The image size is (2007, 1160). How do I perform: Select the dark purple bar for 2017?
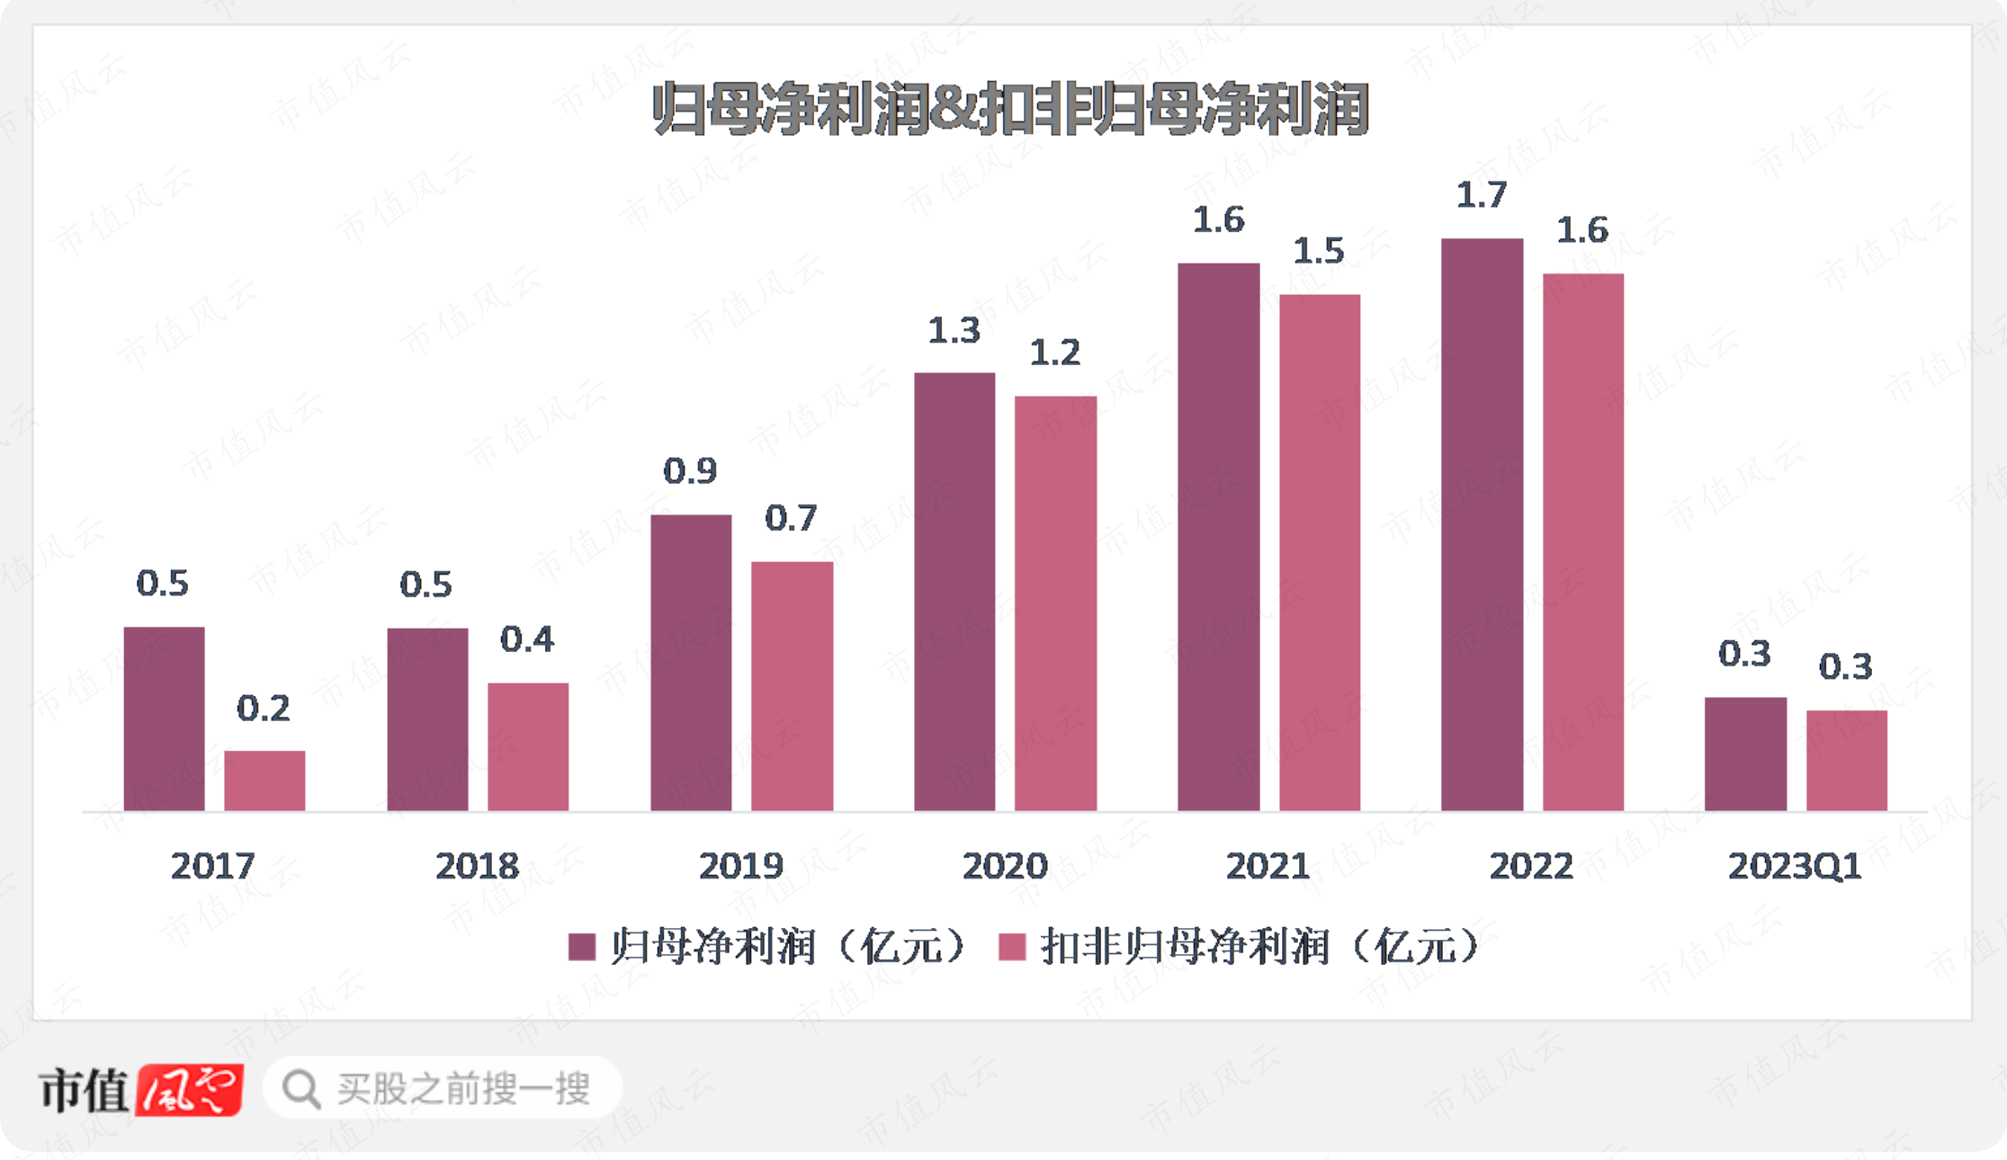point(164,718)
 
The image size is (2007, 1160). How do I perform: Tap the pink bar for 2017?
point(264,781)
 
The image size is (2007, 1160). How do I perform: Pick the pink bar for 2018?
point(528,746)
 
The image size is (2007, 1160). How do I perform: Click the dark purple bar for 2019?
point(691,663)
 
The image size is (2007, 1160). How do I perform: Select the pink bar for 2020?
point(1055,602)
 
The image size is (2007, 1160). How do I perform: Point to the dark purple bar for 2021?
point(1218,537)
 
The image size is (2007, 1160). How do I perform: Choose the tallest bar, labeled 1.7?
point(1482,524)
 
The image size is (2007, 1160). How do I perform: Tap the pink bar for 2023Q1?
point(1846,760)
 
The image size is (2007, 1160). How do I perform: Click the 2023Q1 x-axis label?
point(1794,866)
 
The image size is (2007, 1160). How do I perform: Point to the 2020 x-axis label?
point(1005,866)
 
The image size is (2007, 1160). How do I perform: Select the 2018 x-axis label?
point(477,866)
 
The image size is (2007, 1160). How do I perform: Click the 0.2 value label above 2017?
point(263,709)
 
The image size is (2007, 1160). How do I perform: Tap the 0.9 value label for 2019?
point(690,470)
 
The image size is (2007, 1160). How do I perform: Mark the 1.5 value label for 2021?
point(1318,251)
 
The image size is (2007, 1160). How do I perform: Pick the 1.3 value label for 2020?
point(954,331)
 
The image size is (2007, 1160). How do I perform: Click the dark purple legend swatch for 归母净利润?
point(582,947)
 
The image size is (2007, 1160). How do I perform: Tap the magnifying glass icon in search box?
point(300,1089)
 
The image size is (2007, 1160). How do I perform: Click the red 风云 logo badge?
point(190,1089)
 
